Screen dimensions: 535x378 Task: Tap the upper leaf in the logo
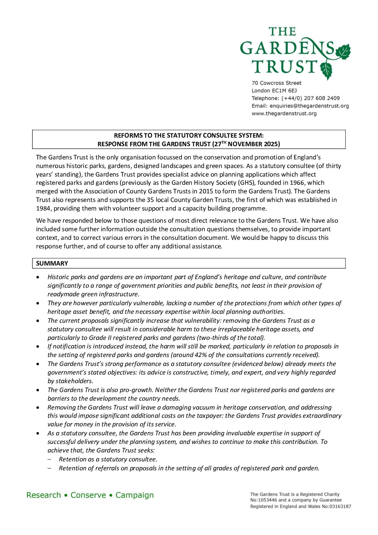coord(343,52)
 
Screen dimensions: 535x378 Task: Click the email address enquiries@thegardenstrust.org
coord(309,106)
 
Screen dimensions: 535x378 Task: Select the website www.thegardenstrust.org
coord(284,114)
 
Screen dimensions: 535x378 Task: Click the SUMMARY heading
coord(52,263)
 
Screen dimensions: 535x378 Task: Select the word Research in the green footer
coord(44,495)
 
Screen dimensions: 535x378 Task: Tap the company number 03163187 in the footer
coord(340,506)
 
